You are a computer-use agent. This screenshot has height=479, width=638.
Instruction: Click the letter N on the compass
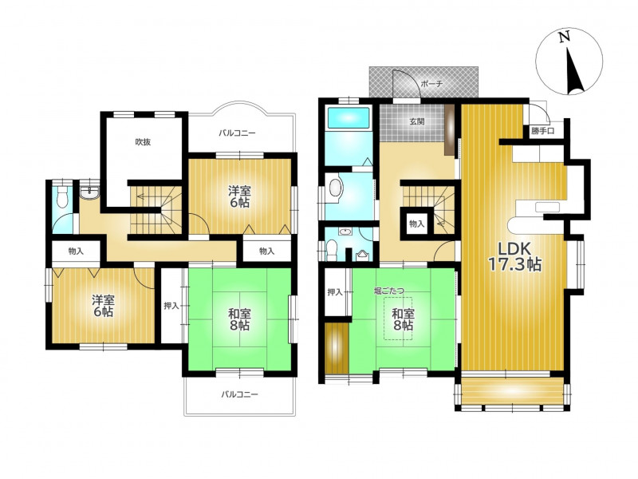(x=564, y=38)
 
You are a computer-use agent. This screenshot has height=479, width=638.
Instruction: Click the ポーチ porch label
(x=431, y=84)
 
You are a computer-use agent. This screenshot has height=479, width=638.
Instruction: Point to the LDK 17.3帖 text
(x=514, y=256)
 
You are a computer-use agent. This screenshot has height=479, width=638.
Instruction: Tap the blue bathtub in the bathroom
(x=349, y=117)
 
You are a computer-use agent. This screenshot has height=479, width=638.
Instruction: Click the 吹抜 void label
(x=143, y=142)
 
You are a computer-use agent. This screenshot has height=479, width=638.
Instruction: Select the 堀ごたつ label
(x=389, y=291)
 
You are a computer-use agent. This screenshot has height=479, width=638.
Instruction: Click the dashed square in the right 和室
(x=398, y=319)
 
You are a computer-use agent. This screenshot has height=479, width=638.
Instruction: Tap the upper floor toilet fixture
(x=62, y=196)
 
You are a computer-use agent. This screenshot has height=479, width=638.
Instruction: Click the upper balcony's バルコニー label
(x=237, y=133)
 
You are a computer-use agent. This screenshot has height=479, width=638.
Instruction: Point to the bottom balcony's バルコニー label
(x=240, y=394)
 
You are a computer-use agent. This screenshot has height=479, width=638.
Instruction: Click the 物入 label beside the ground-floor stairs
(x=416, y=224)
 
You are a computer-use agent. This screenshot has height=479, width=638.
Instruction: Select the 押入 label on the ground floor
(x=335, y=292)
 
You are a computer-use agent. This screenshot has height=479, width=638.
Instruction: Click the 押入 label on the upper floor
(x=171, y=306)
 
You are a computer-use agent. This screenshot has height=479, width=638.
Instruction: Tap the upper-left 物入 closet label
(x=76, y=251)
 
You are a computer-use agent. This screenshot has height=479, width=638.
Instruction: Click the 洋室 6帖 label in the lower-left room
(x=103, y=307)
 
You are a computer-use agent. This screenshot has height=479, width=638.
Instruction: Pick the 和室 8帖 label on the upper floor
(x=239, y=319)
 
